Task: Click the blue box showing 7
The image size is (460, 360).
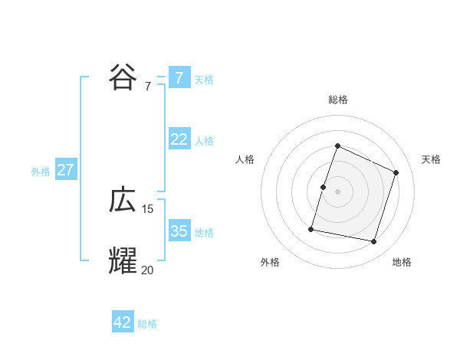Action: [179, 78]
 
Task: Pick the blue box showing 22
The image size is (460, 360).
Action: [179, 139]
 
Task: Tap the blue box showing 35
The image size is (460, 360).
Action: [179, 231]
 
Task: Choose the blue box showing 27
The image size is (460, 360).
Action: [65, 170]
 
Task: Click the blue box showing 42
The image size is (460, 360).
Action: [123, 322]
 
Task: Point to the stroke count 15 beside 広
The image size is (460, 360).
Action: [148, 209]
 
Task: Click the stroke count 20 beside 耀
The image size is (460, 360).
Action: [148, 269]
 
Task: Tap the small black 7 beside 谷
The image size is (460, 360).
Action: [148, 87]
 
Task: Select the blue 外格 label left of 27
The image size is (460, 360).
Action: [41, 172]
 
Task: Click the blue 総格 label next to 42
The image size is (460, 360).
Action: [147, 324]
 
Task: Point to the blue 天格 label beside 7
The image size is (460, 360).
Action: [204, 80]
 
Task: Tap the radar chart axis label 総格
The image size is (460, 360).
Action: [338, 100]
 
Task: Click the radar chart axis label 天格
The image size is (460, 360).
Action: [431, 159]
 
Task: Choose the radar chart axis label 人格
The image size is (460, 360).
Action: [245, 159]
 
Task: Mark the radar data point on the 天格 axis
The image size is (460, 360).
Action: [396, 172]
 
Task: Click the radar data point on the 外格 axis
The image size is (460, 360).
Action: [311, 228]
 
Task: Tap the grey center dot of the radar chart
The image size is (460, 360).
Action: [338, 191]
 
